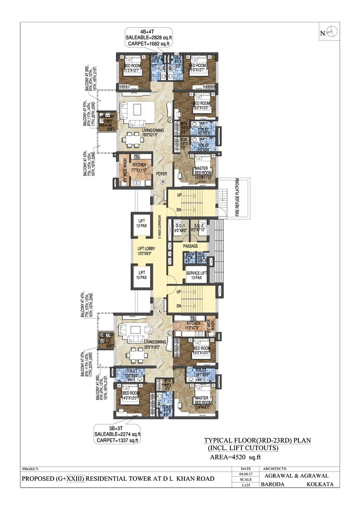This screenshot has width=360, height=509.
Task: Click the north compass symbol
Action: tap(332, 32)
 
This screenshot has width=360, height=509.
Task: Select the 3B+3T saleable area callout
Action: tap(118, 434)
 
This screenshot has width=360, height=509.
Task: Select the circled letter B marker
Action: tap(162, 183)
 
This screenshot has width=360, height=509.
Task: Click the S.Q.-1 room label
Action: tap(180, 228)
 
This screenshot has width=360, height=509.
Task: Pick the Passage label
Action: tap(190, 246)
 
